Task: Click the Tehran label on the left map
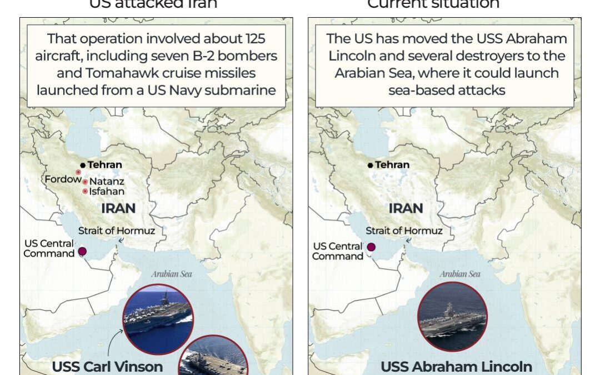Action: click(x=104, y=165)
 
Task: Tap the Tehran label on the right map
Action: click(x=392, y=165)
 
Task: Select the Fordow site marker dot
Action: click(x=78, y=172)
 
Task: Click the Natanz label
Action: click(x=107, y=182)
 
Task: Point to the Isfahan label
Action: click(x=107, y=192)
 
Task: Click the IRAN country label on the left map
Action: click(x=118, y=208)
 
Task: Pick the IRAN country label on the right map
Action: click(x=406, y=208)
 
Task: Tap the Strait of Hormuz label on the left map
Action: click(x=116, y=231)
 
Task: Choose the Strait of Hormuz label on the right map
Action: click(x=404, y=231)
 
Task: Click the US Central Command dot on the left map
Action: click(x=82, y=252)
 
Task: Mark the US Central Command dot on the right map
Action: click(x=371, y=248)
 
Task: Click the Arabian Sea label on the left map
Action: click(x=172, y=273)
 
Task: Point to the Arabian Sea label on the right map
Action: click(x=459, y=273)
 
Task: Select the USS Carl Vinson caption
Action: click(x=107, y=367)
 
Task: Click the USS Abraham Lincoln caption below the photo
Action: click(x=456, y=367)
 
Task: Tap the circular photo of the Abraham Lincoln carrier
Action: click(x=452, y=317)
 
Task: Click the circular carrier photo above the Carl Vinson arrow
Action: click(x=158, y=319)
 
